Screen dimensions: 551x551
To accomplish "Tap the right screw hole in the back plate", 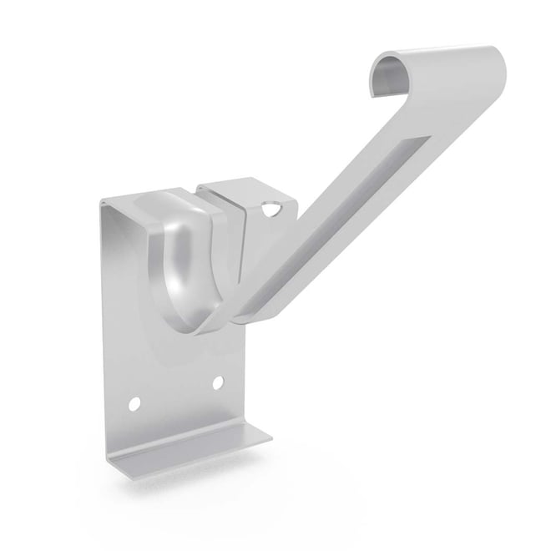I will pos(218,382).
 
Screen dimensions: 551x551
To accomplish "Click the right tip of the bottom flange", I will pos(270,437).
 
